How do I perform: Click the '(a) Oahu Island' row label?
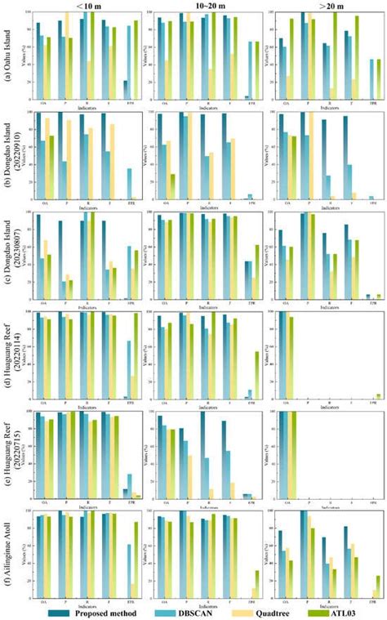[x=7, y=56]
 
